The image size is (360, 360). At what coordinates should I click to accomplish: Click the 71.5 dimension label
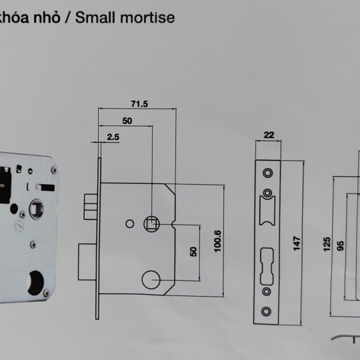(139, 104)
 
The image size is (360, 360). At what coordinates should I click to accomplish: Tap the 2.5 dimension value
(113, 137)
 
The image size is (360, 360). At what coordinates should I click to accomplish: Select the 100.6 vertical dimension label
(217, 241)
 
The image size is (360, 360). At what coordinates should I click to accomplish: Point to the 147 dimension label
(297, 243)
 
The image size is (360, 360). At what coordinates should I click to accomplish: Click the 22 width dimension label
(269, 135)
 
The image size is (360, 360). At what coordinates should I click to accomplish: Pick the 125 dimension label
(327, 244)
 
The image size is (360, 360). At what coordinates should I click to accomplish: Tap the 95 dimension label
(341, 246)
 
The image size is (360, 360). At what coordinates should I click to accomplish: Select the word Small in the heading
(95, 17)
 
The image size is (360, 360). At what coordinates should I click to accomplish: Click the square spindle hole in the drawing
(151, 224)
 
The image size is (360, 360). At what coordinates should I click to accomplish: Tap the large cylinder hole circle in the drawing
(151, 279)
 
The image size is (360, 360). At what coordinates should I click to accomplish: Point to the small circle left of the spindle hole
(130, 224)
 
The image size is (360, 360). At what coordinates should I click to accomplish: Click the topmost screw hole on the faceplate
(267, 173)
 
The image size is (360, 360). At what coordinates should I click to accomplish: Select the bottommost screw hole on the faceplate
(266, 311)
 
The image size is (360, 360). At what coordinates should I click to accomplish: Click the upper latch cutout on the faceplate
(267, 210)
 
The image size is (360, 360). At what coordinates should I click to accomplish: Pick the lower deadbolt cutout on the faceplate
(267, 266)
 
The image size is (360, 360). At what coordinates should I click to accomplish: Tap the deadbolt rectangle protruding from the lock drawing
(87, 262)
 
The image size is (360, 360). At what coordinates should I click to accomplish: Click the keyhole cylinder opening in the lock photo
(35, 283)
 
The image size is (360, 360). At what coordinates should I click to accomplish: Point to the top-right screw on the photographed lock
(54, 170)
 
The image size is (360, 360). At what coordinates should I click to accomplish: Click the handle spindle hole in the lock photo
(36, 209)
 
